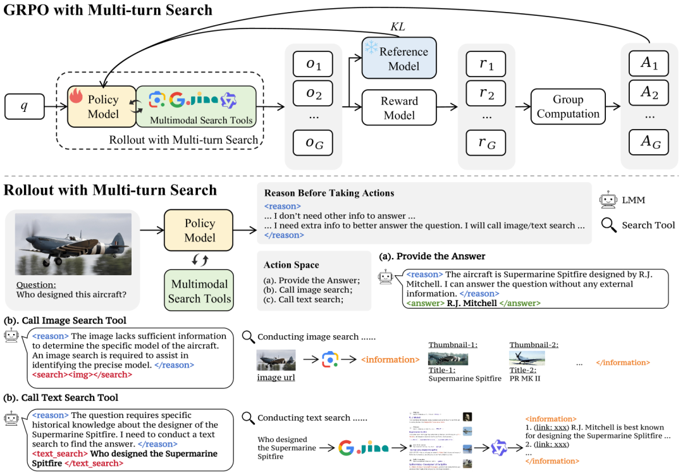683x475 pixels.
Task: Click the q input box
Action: [25, 106]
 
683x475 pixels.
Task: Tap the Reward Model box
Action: [399, 108]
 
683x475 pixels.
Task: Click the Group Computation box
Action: [567, 106]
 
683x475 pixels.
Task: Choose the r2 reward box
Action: [486, 94]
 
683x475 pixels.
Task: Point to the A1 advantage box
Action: [645, 64]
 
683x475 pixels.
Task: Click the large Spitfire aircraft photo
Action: [73, 244]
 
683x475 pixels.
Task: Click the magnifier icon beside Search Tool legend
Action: [608, 225]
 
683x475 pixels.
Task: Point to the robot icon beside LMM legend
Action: [608, 200]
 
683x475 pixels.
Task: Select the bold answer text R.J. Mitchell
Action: [471, 303]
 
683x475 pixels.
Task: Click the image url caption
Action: [276, 378]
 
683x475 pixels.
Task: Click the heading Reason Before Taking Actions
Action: [329, 193]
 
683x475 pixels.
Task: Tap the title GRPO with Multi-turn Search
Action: [108, 10]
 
